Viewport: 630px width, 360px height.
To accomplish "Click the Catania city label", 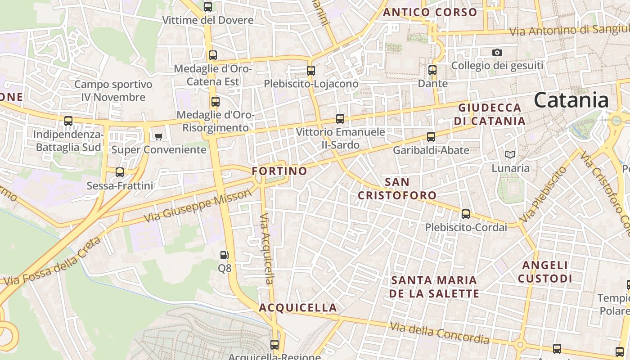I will pyautogui.click(x=571, y=100).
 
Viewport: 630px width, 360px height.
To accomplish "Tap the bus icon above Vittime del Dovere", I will pyautogui.click(x=207, y=7).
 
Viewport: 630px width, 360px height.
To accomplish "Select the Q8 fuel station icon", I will pyautogui.click(x=224, y=256).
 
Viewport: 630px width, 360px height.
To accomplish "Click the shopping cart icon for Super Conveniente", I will pyautogui.click(x=158, y=136).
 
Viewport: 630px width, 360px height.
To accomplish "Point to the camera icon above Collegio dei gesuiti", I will pyautogui.click(x=497, y=53).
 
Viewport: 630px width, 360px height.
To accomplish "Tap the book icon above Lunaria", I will pyautogui.click(x=510, y=155).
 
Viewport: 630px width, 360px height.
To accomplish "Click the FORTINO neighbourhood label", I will pyautogui.click(x=279, y=171).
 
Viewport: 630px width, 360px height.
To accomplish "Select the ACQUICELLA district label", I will pyautogui.click(x=298, y=308).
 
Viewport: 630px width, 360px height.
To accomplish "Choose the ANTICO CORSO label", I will pyautogui.click(x=430, y=13).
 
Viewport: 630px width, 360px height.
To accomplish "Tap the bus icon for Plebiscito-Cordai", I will pyautogui.click(x=466, y=214).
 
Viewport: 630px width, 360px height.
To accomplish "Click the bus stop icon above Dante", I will pyautogui.click(x=432, y=70).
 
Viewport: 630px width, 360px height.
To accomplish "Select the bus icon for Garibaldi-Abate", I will pyautogui.click(x=431, y=137).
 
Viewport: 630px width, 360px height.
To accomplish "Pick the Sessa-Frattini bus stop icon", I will pyautogui.click(x=120, y=172).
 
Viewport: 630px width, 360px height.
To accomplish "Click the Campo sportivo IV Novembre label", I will pyautogui.click(x=113, y=90).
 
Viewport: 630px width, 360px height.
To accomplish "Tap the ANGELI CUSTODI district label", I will pyautogui.click(x=545, y=272).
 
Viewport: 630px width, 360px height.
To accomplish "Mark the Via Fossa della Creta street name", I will pyautogui.click(x=52, y=261).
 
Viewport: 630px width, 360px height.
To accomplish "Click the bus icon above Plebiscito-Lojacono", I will pyautogui.click(x=311, y=71).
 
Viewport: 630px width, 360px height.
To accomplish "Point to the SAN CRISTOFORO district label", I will pyautogui.click(x=397, y=189).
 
